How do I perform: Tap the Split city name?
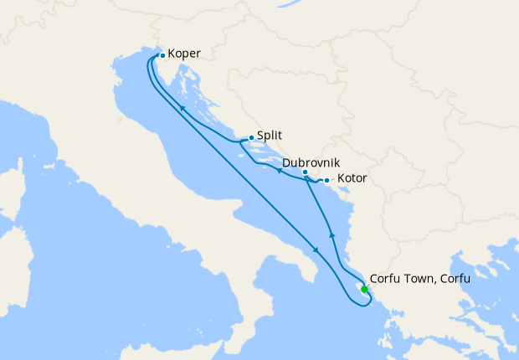269,136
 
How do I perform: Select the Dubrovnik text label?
311,162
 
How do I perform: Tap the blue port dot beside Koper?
162,55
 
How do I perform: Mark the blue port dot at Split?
251,137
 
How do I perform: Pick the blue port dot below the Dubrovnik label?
305,172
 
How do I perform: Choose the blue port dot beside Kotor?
326,180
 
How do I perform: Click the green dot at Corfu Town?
364,289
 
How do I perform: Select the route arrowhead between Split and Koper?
181,110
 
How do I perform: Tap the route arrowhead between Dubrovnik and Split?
279,171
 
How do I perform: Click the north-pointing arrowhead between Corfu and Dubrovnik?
332,235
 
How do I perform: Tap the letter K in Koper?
172,54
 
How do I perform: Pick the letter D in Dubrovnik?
287,162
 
